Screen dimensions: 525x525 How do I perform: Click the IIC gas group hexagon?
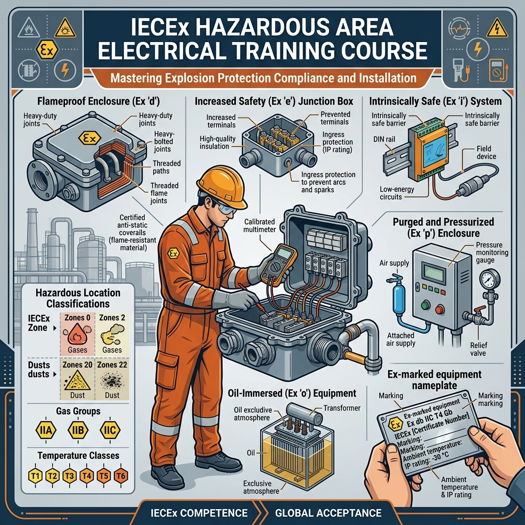click(x=109, y=429)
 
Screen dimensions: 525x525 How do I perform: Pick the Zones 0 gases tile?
click(x=77, y=333)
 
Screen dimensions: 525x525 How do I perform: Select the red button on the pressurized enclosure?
click(x=439, y=309)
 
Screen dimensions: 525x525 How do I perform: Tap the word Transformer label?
click(x=343, y=408)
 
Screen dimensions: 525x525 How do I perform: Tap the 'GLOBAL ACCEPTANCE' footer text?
click(x=328, y=513)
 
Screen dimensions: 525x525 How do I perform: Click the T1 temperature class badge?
click(x=34, y=476)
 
